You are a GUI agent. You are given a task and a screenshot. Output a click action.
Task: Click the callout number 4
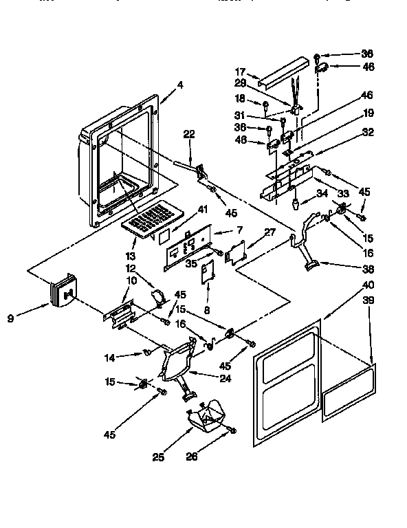pos(179,85)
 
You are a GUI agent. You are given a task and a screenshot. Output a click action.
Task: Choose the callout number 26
pos(192,456)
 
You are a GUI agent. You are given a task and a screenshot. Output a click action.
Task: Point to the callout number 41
pos(183,209)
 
